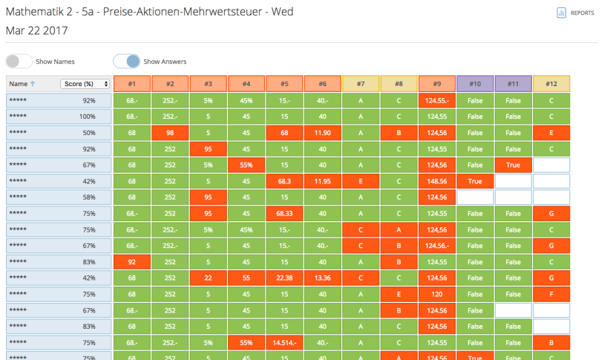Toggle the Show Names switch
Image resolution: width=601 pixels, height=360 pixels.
(x=19, y=62)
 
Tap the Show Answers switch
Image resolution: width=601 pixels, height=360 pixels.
(x=127, y=62)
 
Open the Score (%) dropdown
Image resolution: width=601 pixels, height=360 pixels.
(x=86, y=84)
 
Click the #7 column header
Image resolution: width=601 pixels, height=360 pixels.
(x=361, y=84)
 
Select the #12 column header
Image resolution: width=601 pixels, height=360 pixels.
(x=551, y=84)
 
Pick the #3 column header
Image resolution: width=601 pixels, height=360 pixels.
(x=208, y=84)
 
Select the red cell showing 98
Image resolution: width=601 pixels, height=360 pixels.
(x=170, y=132)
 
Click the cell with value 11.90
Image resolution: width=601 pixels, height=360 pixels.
(x=322, y=132)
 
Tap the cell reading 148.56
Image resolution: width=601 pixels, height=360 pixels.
(x=436, y=180)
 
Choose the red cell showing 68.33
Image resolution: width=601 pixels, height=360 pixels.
(x=284, y=213)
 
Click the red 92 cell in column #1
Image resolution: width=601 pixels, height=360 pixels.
(x=131, y=261)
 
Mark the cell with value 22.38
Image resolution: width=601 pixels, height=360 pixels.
(x=284, y=278)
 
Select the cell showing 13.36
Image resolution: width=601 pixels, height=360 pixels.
(x=322, y=278)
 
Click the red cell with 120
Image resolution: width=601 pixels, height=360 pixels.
(x=436, y=294)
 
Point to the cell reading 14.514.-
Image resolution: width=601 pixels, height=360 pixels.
(x=284, y=342)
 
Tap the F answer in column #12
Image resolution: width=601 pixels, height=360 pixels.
(x=551, y=294)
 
